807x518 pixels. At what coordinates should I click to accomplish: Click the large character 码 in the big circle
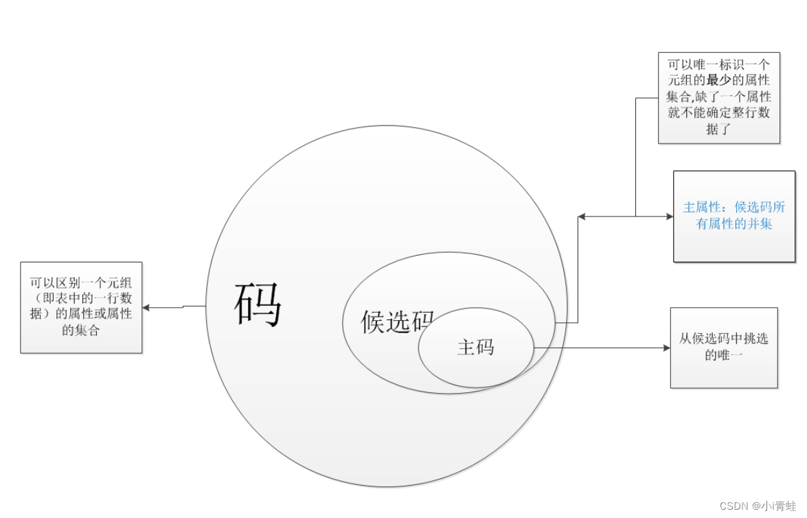tap(258, 304)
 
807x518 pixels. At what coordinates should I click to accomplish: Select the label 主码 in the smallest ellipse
tap(475, 347)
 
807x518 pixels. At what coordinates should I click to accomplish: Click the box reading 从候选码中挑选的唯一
tap(724, 348)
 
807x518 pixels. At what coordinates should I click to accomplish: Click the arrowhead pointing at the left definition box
tap(146, 308)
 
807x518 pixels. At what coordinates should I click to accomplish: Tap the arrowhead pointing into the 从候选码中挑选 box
tap(666, 348)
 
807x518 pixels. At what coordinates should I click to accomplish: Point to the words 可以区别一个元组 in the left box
tap(81, 282)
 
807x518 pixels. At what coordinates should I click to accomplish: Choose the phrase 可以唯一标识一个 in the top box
tap(718, 65)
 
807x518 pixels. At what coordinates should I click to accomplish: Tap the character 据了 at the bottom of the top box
tap(718, 128)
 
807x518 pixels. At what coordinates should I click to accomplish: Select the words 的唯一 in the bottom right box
tap(724, 355)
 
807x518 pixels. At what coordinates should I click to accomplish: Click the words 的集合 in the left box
tap(81, 330)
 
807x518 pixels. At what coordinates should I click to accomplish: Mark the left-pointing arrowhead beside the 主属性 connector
tap(582, 217)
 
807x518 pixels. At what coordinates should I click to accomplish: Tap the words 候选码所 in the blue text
tap(760, 207)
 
